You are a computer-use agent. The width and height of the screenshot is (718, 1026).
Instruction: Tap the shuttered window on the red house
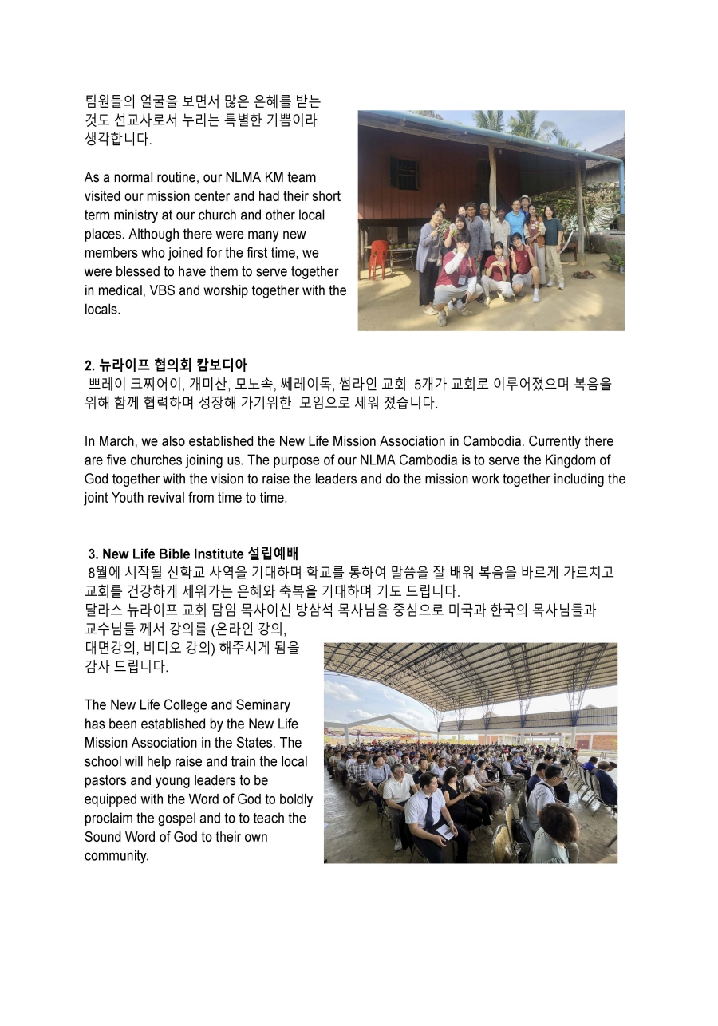tap(404, 173)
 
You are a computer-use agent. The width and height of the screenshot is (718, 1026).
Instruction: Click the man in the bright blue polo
tap(516, 223)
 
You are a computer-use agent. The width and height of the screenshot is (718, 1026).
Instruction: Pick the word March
tap(115, 441)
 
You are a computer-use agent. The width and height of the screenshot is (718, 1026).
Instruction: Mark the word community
tap(116, 856)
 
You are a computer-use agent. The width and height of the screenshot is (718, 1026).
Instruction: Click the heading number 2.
tap(89, 366)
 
